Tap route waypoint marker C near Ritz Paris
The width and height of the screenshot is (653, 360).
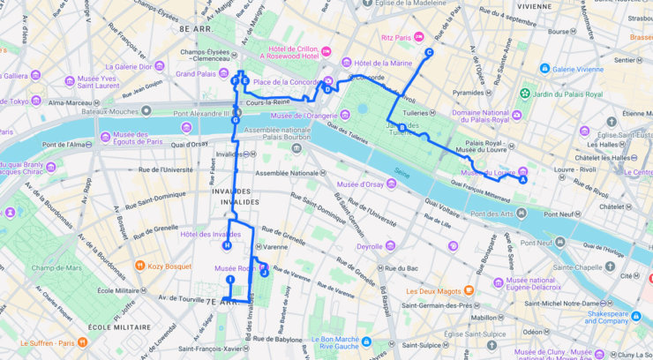pos(430,53)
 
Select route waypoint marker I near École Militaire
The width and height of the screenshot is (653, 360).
pos(230,280)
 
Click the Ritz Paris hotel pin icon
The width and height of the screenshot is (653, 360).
pos(419,36)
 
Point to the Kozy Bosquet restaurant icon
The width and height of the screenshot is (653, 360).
pos(139,265)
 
